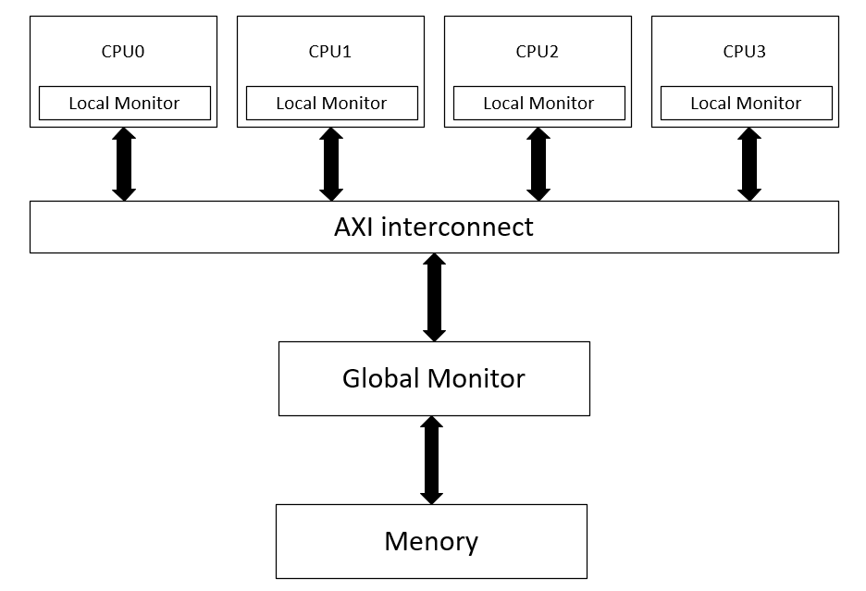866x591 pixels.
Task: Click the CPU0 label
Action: [123, 52]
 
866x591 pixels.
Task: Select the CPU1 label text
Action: [330, 52]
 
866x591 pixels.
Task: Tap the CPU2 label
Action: [538, 52]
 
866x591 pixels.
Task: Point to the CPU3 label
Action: [745, 52]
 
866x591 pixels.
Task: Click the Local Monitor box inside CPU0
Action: [124, 104]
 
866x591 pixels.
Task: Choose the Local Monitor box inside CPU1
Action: [331, 104]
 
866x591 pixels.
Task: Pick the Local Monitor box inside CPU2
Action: [538, 104]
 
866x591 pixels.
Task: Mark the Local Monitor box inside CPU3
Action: [746, 104]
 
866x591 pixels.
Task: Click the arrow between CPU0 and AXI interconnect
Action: [124, 165]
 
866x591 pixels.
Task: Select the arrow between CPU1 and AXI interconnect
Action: [331, 165]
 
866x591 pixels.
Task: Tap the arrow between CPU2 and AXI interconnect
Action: [538, 165]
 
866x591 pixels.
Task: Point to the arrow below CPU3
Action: [749, 165]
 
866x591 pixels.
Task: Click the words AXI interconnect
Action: [433, 228]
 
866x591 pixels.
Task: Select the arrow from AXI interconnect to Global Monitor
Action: [434, 297]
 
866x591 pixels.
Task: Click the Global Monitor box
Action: [433, 378]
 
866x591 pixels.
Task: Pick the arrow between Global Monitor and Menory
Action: [431, 460]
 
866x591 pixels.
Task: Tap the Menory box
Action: [431, 541]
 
